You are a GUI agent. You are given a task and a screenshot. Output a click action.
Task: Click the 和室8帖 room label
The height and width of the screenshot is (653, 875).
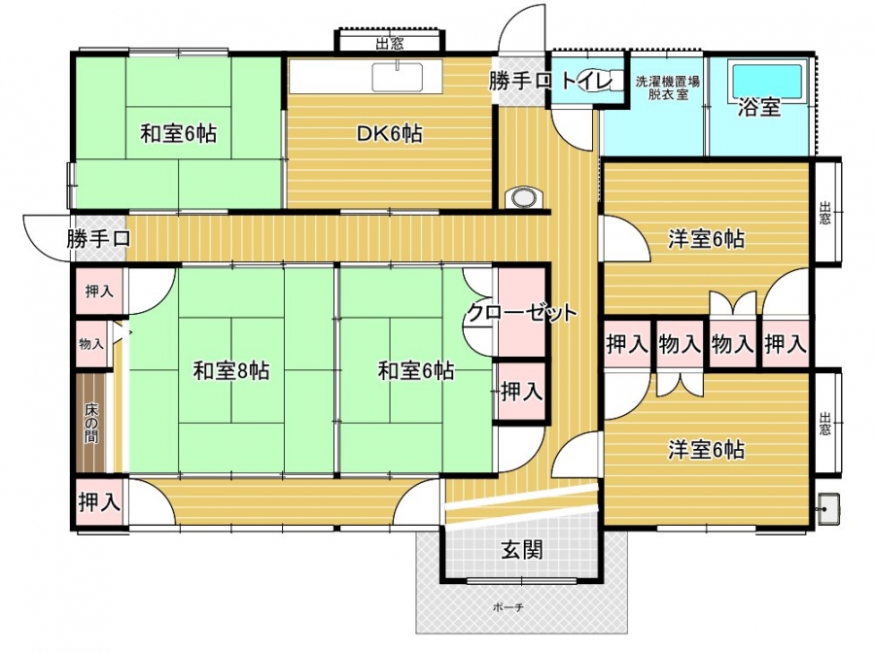coord(231,371)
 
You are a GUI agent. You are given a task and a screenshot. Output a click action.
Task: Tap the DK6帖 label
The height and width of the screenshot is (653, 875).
coord(389,134)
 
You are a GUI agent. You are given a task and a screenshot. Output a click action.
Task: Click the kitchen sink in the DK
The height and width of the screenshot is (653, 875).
coord(397,77)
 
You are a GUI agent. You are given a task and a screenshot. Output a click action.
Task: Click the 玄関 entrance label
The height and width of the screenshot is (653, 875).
coord(522,551)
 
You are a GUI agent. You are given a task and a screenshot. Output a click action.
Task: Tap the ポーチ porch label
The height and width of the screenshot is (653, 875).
coord(507,607)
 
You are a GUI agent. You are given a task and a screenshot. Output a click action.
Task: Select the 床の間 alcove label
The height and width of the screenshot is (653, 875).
coord(91,423)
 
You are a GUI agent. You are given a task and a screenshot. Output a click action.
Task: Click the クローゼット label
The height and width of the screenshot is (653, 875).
coord(521,313)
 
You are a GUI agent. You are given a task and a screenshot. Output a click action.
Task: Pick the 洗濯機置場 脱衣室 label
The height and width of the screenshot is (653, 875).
coord(667,87)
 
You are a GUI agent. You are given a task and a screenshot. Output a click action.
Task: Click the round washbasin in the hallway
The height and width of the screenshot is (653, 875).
coord(524,197)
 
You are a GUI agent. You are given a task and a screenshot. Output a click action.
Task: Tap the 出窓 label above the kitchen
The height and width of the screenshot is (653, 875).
coord(390,43)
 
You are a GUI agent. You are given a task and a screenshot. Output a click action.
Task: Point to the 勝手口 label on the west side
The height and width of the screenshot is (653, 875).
coord(99,239)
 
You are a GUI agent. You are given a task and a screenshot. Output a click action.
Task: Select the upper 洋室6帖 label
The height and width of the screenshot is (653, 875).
coord(707,239)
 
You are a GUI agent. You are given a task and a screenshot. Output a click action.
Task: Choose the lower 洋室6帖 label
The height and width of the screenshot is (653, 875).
coord(707,450)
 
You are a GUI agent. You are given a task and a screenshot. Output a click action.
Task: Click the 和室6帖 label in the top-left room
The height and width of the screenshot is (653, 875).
coord(178,134)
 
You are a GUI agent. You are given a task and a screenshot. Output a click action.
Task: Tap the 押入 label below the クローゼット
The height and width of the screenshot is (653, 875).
coord(522,392)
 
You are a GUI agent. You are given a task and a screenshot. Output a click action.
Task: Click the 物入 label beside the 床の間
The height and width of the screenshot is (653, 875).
coord(91,344)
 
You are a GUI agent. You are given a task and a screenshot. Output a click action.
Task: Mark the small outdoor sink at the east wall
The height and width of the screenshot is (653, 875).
coord(827,508)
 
